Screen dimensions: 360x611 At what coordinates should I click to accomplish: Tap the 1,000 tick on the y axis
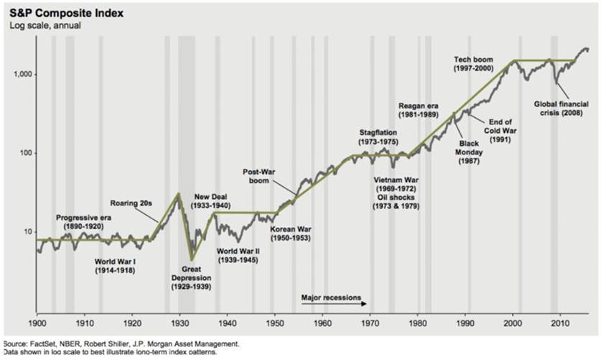pyautogui.click(x=21, y=75)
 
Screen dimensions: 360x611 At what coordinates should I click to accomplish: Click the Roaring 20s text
pyautogui.click(x=135, y=203)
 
